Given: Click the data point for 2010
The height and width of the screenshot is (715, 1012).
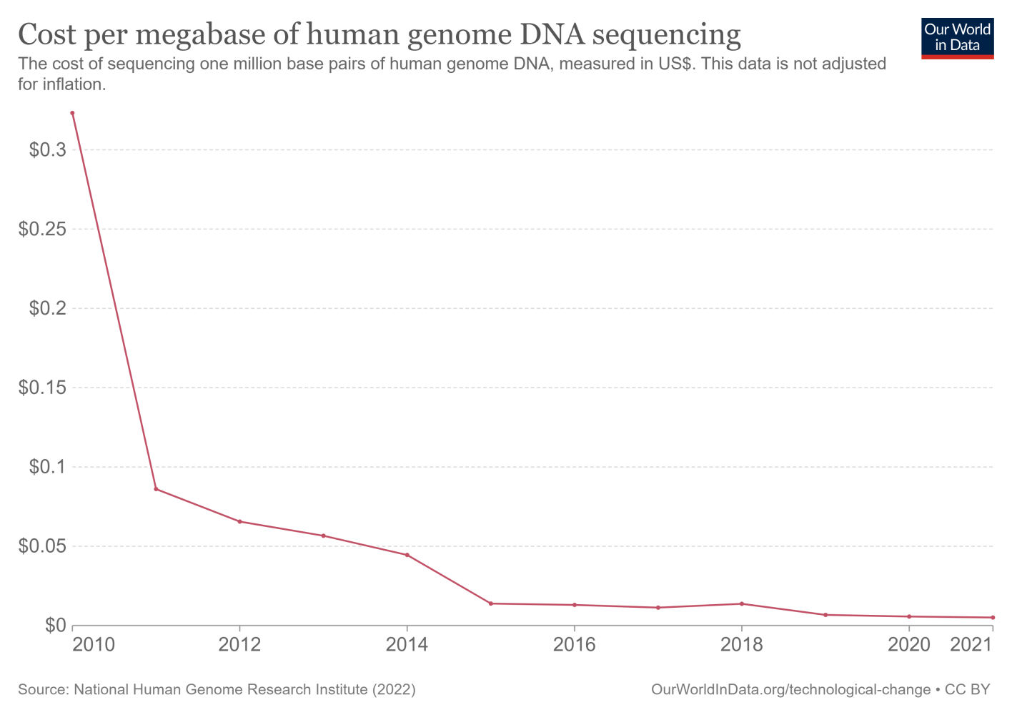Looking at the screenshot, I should coord(72,113).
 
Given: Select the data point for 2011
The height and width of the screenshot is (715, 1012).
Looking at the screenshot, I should coord(156,489).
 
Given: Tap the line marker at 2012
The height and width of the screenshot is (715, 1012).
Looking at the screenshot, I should coord(239,521).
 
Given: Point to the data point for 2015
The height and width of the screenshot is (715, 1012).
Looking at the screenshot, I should coord(490,603).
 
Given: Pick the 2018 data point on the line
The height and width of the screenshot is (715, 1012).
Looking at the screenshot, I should coord(742,603).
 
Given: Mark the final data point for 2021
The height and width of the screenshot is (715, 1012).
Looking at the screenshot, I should coord(993,618).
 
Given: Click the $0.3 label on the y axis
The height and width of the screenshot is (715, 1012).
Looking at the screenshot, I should coord(47,150).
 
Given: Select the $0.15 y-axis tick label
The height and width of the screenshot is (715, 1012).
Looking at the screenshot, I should coord(42,388).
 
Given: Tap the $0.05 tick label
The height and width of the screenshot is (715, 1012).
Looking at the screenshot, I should coord(42,546).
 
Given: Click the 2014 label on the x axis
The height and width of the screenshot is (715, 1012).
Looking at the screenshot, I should coord(407,645).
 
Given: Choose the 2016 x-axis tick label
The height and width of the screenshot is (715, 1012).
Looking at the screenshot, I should coord(574,645).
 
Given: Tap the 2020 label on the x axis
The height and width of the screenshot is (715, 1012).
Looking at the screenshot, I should coord(908,645).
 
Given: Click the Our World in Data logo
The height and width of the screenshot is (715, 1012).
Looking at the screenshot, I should coord(957,38).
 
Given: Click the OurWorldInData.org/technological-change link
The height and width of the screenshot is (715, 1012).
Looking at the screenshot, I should coord(790,690).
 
